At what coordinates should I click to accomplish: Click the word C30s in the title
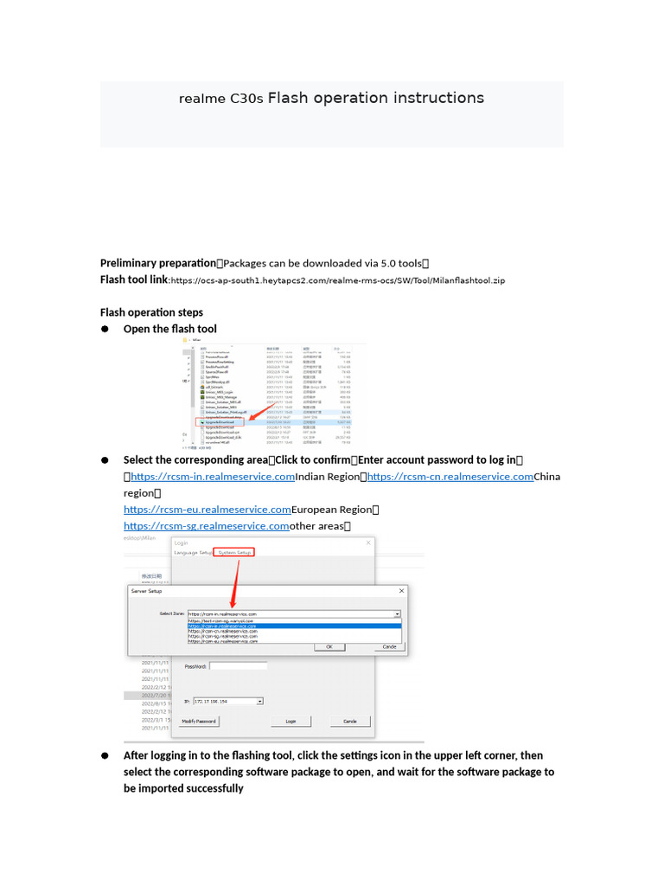246,99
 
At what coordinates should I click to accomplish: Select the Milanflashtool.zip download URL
337,280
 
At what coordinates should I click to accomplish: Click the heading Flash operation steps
151,312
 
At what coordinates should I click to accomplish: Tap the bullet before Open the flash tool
105,330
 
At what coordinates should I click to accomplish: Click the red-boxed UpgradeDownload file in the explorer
220,421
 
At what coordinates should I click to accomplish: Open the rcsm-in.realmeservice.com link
213,477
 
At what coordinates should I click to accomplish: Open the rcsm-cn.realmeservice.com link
450,477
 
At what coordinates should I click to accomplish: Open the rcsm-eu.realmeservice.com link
207,510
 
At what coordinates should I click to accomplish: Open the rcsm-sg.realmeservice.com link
207,526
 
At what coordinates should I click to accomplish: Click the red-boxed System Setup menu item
234,552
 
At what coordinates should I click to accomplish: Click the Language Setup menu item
193,552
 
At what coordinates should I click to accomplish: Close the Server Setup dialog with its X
401,591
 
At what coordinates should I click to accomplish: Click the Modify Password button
200,721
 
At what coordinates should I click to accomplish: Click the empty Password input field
238,666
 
